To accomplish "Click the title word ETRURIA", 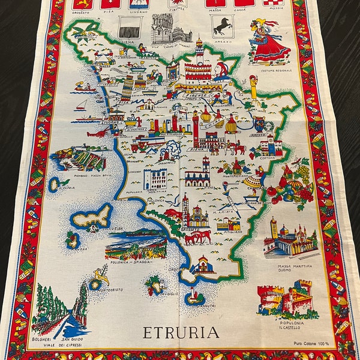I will (x=180, y=332).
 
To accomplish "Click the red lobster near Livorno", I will (x=96, y=133).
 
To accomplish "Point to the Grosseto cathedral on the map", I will (x=196, y=213).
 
